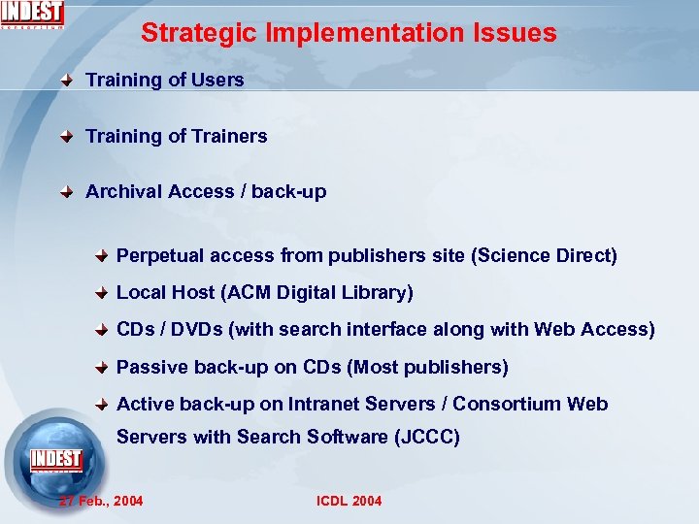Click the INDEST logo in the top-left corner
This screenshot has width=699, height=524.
point(33,14)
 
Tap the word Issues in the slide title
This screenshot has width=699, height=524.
point(516,33)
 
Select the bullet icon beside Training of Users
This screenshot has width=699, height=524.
point(66,81)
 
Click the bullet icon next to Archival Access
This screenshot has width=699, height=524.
point(66,192)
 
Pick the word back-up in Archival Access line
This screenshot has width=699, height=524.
point(289,192)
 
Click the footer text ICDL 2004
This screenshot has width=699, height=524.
point(349,501)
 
